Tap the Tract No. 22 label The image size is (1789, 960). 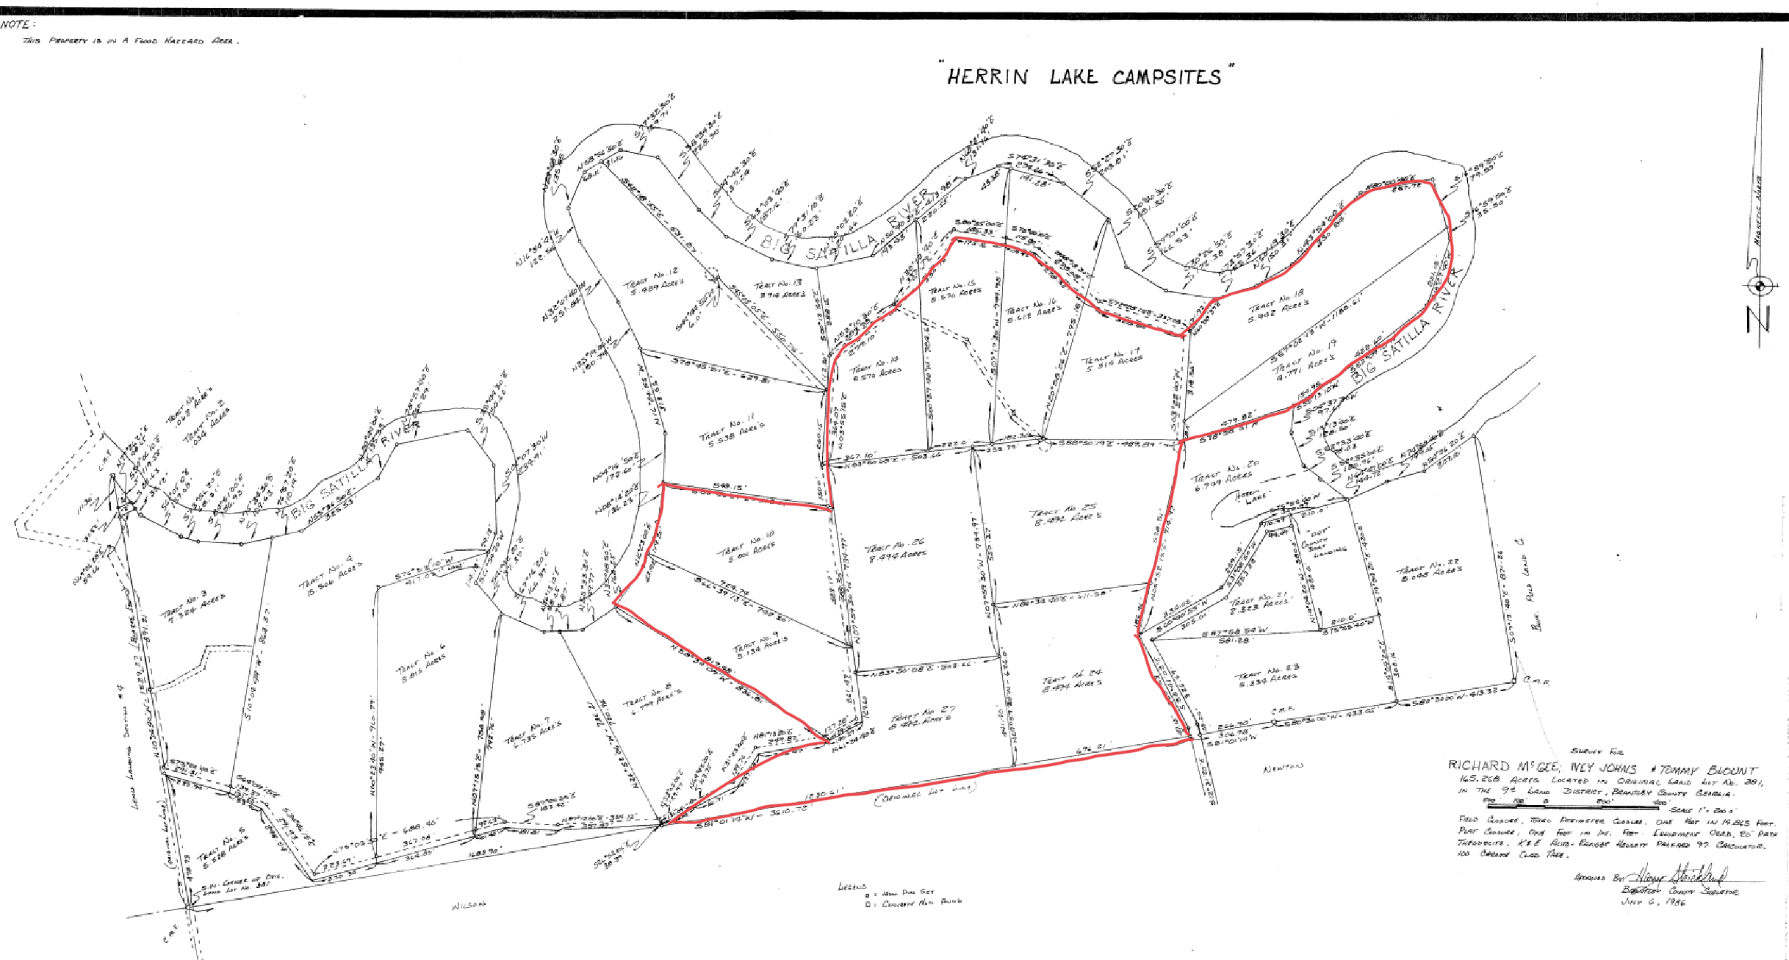pos(1430,572)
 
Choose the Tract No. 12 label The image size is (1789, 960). pos(654,284)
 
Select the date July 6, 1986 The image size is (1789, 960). pos(1653,902)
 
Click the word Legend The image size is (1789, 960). pos(852,887)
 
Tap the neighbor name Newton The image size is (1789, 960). pos(1281,768)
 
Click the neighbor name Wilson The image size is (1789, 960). pos(470,906)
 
